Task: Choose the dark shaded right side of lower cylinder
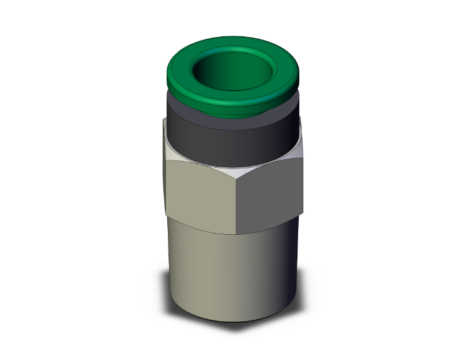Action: pyautogui.click(x=285, y=269)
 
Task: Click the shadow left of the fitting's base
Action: pyautogui.click(x=162, y=301)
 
